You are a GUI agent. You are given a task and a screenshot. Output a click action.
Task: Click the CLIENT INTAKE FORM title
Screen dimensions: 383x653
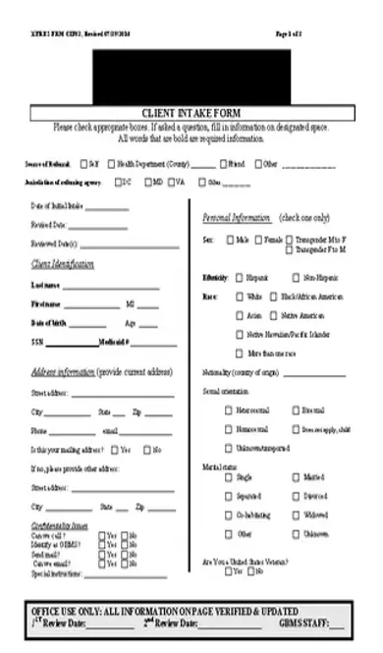pos(191,113)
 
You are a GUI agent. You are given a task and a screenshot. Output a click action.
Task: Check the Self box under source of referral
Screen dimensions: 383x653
pos(84,164)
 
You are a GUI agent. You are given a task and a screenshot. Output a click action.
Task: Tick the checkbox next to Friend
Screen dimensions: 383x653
pos(224,164)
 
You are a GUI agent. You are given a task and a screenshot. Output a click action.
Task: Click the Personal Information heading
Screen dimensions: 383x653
pos(236,217)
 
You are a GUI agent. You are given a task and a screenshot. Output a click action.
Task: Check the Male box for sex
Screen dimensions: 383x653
pos(231,240)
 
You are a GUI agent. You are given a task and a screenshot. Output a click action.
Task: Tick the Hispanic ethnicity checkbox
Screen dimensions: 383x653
pos(241,278)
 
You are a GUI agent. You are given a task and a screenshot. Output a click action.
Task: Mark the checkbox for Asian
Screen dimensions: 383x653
pos(241,315)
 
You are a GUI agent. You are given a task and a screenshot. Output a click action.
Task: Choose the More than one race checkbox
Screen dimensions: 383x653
pos(241,352)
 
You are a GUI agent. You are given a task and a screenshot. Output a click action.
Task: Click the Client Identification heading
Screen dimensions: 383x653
pos(63,265)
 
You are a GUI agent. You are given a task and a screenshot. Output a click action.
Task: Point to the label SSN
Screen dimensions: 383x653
pos(37,342)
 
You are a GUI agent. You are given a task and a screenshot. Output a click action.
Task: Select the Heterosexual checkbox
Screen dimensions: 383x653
pos(229,410)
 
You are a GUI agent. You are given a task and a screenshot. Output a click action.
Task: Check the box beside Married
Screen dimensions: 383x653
pos(296,477)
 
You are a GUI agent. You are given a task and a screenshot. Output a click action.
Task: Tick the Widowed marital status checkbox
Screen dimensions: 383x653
pos(296,515)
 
